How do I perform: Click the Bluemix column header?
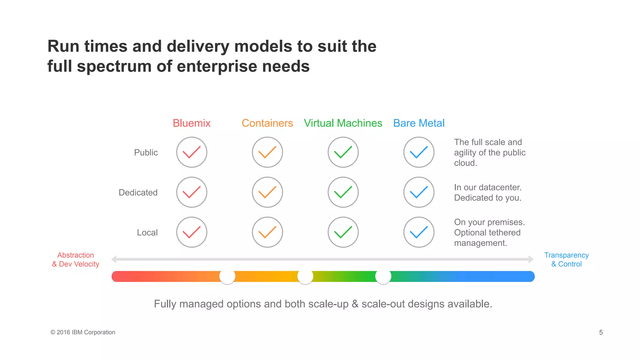coord(192,123)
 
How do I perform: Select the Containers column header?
coord(267,123)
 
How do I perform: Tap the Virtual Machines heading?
coord(343,123)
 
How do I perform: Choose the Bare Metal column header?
coord(419,123)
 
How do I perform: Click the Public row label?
coord(146,152)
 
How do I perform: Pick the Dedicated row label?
coord(138,192)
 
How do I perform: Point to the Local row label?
coord(147,232)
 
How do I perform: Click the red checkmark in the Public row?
coord(192,152)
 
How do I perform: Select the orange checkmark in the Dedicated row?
coord(267,192)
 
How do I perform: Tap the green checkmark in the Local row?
coord(343,232)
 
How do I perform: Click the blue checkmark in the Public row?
coord(419,152)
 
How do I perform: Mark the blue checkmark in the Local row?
coord(419,232)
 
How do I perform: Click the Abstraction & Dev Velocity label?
coord(76,260)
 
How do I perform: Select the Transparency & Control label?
coord(566,260)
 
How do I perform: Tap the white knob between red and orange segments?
coord(227,277)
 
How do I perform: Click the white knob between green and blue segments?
coord(383,277)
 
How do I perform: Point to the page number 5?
coord(601,332)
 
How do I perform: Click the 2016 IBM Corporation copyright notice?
coord(83,332)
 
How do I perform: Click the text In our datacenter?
coord(487,187)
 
